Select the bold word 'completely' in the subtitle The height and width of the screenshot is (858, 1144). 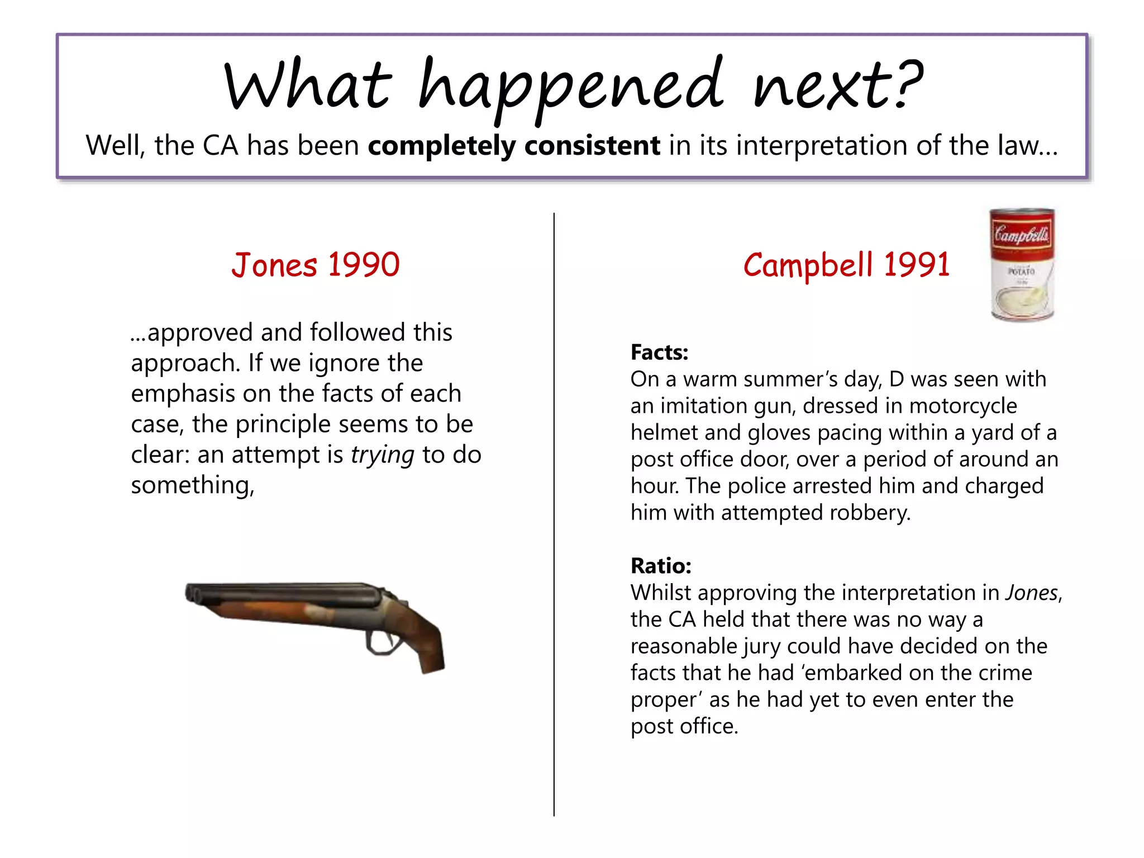point(442,146)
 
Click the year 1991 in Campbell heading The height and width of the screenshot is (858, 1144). point(916,265)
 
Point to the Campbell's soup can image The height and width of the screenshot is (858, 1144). point(1022,265)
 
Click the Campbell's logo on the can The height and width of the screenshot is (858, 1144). point(1022,234)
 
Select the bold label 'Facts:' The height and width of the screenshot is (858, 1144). point(659,352)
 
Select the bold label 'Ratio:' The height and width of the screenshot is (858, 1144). point(661,566)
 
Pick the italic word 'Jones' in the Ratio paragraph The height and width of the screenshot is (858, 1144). point(1031,593)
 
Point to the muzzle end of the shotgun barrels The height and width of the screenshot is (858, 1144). point(191,593)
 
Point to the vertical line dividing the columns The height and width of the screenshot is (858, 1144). point(554,514)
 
